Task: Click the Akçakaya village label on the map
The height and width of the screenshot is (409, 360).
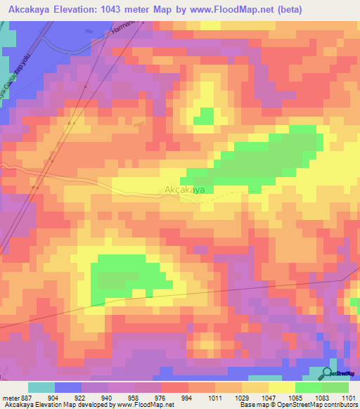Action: coord(184,190)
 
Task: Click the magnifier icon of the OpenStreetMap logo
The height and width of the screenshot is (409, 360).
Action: coord(328,373)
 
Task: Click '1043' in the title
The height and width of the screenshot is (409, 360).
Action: coord(134,9)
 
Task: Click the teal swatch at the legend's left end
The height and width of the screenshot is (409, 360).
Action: coord(41,387)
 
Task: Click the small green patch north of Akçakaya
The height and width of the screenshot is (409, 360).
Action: coord(204,116)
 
